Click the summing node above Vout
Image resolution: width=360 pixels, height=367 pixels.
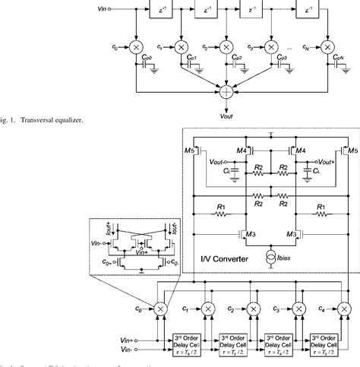226,91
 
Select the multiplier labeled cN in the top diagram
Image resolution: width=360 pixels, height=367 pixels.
328,49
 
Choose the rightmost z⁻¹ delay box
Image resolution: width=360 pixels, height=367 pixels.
308,11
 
